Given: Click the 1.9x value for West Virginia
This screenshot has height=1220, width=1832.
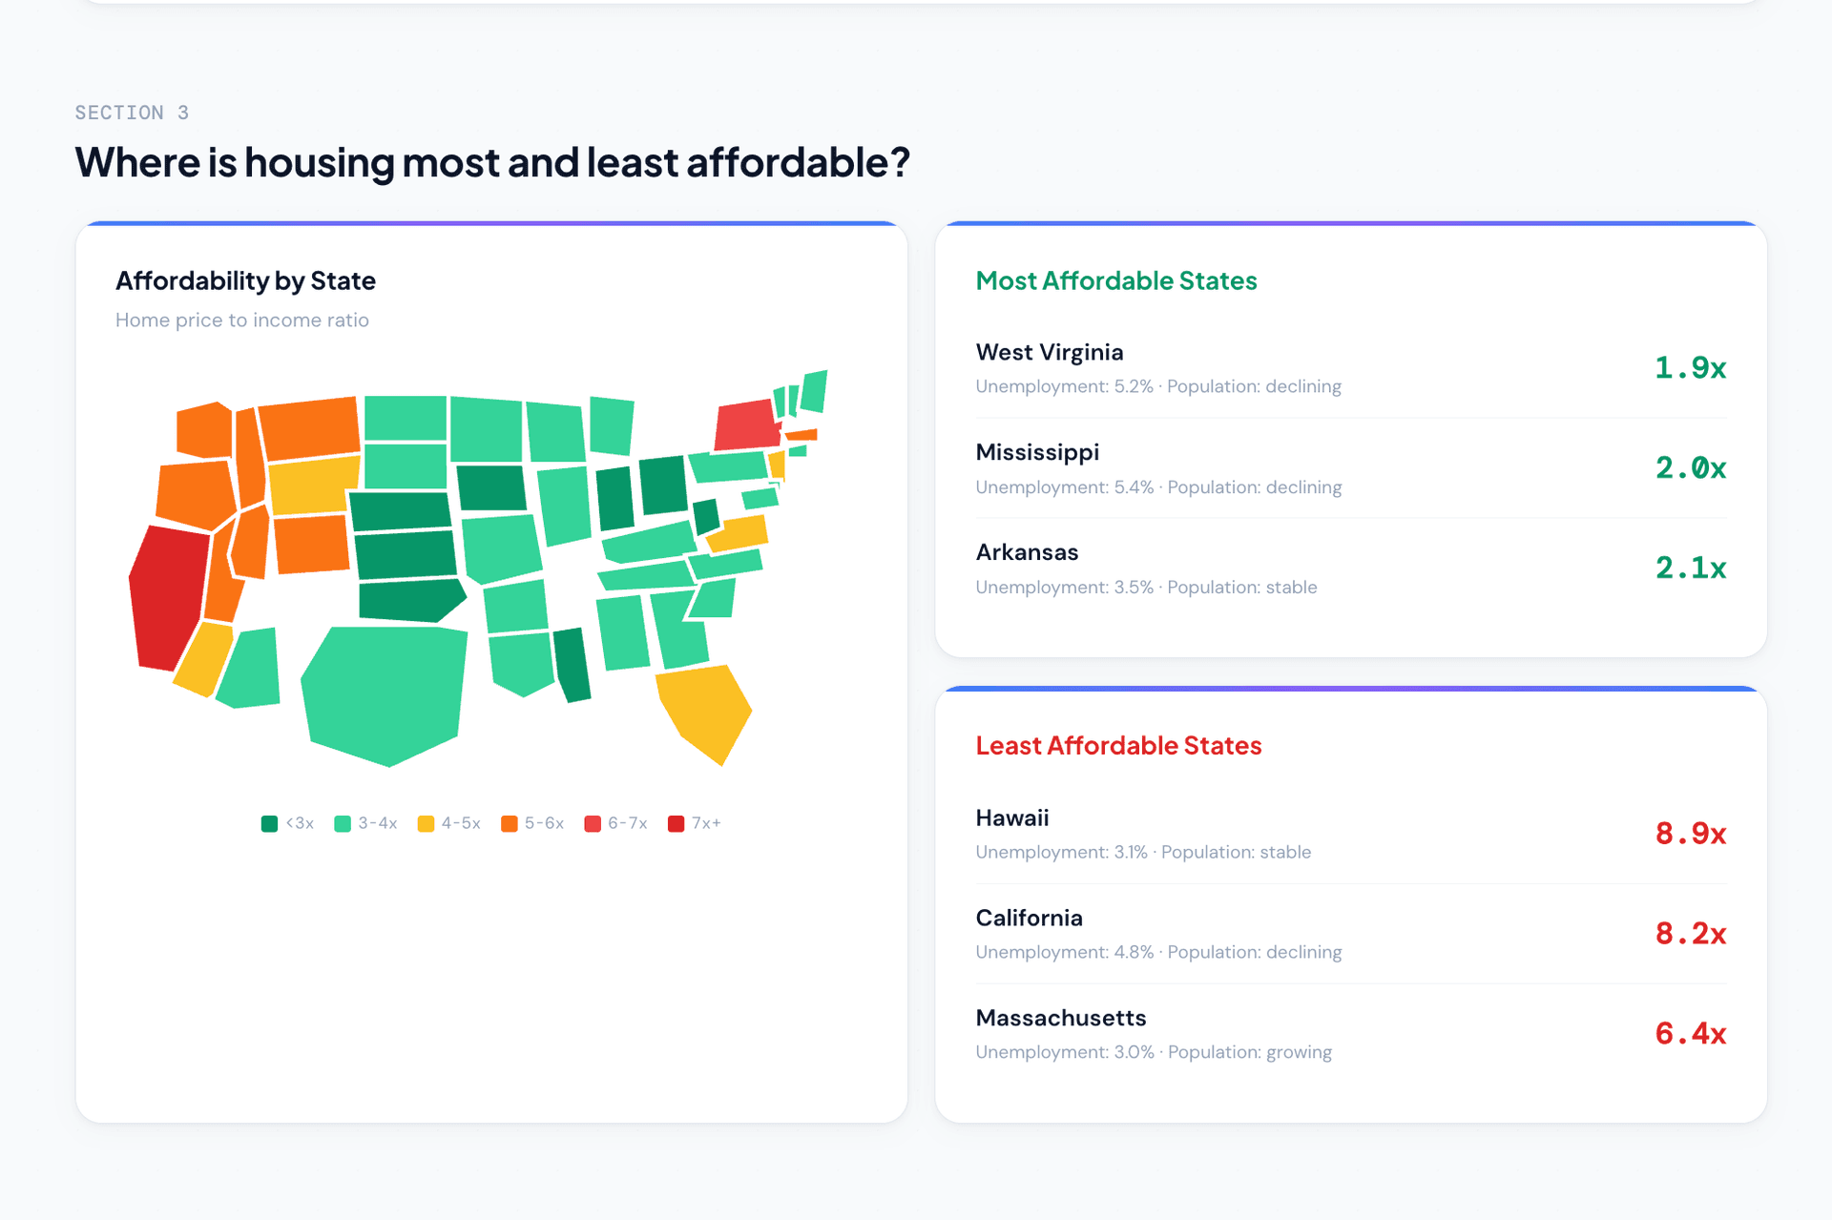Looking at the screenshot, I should click(1690, 368).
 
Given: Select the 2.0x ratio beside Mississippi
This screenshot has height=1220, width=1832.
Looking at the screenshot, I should click(1690, 468).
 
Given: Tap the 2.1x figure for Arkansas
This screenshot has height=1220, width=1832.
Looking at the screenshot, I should click(1690, 569).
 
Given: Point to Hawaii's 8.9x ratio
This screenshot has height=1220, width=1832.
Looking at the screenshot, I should click(1690, 834).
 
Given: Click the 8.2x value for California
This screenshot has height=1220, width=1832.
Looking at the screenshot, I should click(1690, 934).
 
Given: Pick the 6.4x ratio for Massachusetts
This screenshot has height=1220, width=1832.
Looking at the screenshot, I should click(1690, 1034).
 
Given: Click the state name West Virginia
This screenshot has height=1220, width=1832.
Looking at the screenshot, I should click(1049, 352).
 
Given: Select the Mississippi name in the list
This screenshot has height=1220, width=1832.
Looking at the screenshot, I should click(1037, 452).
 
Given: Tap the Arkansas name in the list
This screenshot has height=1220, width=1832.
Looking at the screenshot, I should click(1027, 552).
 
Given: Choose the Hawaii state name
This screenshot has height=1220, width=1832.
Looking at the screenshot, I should click(1011, 817).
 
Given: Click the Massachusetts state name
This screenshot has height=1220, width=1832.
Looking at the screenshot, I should click(1060, 1018).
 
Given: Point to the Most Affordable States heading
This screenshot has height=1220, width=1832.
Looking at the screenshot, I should click(1115, 280).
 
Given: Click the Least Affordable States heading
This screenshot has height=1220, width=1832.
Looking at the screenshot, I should click(1118, 745).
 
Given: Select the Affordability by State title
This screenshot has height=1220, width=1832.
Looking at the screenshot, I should click(245, 280).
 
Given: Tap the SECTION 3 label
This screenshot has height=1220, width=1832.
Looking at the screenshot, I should click(132, 113).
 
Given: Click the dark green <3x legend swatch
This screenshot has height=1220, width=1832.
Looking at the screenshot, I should click(269, 823).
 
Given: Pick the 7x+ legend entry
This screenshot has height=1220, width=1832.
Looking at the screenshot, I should click(695, 823).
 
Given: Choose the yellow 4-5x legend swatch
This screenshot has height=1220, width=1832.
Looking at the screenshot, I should click(426, 823).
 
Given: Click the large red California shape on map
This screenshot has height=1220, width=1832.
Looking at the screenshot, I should click(168, 596).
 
